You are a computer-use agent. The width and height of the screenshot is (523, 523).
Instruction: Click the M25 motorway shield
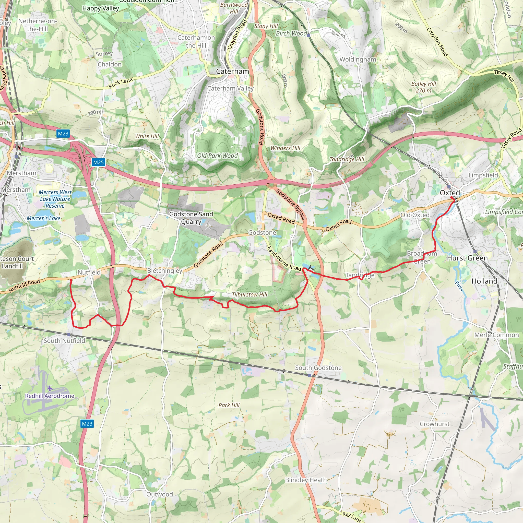coord(98,162)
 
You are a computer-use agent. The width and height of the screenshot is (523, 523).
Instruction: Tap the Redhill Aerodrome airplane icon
coord(50,388)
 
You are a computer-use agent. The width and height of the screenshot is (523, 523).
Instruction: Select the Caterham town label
coord(232,72)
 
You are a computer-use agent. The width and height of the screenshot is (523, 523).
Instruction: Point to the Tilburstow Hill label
coord(249,294)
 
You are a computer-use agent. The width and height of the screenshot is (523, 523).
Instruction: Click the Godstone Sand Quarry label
coord(191,218)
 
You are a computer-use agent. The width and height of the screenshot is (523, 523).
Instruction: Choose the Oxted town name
coord(450,193)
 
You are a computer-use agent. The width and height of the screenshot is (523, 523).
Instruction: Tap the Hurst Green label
coord(467,258)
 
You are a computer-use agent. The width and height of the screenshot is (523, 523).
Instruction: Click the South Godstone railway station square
coord(310,375)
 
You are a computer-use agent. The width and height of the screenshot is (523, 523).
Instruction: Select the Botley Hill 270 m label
coord(423,87)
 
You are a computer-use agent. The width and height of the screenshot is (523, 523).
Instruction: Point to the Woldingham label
coord(358,60)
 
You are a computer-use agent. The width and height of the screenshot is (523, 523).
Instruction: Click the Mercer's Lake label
coord(44,218)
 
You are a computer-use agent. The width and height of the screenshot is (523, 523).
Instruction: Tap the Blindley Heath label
coord(306,480)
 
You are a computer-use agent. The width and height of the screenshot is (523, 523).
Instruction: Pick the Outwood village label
coord(159,494)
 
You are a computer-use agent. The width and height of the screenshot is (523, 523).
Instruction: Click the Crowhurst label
coord(434,424)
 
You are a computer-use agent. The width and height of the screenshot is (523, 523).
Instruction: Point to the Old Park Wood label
coord(217,156)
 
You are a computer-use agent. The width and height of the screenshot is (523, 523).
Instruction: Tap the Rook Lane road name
coord(121,83)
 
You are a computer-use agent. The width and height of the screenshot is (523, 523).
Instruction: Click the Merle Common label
coord(496,335)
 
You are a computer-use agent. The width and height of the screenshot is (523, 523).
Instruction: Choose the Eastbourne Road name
coord(284,259)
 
